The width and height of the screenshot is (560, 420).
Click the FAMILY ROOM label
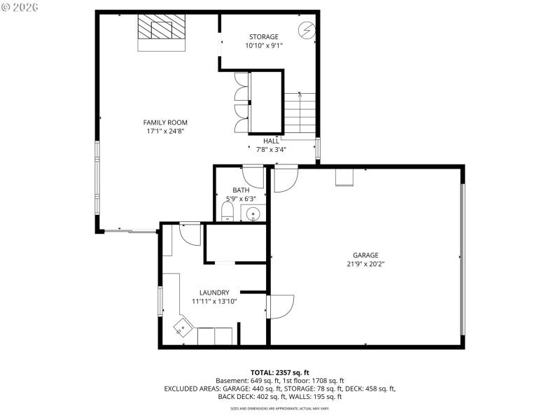pyautogui.click(x=166, y=122)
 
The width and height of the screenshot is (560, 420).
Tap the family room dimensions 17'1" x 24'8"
pyautogui.click(x=166, y=131)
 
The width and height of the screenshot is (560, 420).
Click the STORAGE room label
pyautogui.click(x=264, y=36)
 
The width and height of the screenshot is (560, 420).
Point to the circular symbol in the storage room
pyautogui.click(x=307, y=30)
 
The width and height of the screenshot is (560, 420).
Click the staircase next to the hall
pyautogui.click(x=300, y=113)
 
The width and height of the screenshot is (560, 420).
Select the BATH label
pyautogui.click(x=241, y=190)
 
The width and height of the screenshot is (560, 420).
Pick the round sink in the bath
pyautogui.click(x=254, y=214)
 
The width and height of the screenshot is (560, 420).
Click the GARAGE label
pyautogui.click(x=365, y=255)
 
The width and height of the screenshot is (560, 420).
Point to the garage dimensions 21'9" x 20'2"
pyautogui.click(x=365, y=264)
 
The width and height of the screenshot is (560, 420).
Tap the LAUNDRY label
pyautogui.click(x=214, y=293)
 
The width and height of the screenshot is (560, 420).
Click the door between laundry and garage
pyautogui.click(x=279, y=306)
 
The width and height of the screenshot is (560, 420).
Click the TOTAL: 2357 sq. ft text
pyautogui.click(x=280, y=372)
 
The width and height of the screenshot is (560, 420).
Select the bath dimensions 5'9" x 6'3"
pyautogui.click(x=241, y=198)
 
